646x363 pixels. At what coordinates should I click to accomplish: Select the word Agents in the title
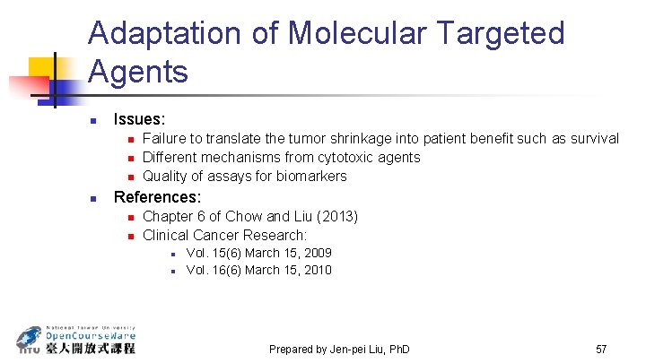pos(138,71)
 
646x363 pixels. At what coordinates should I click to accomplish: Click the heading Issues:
pos(139,118)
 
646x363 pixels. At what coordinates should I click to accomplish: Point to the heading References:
pos(157,196)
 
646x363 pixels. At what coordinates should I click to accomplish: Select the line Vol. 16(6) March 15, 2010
pos(258,270)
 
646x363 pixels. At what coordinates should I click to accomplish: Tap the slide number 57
pos(601,348)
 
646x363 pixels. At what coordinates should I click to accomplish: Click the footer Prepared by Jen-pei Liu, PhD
pos(339,349)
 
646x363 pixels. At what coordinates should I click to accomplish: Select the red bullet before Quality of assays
pos(130,177)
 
